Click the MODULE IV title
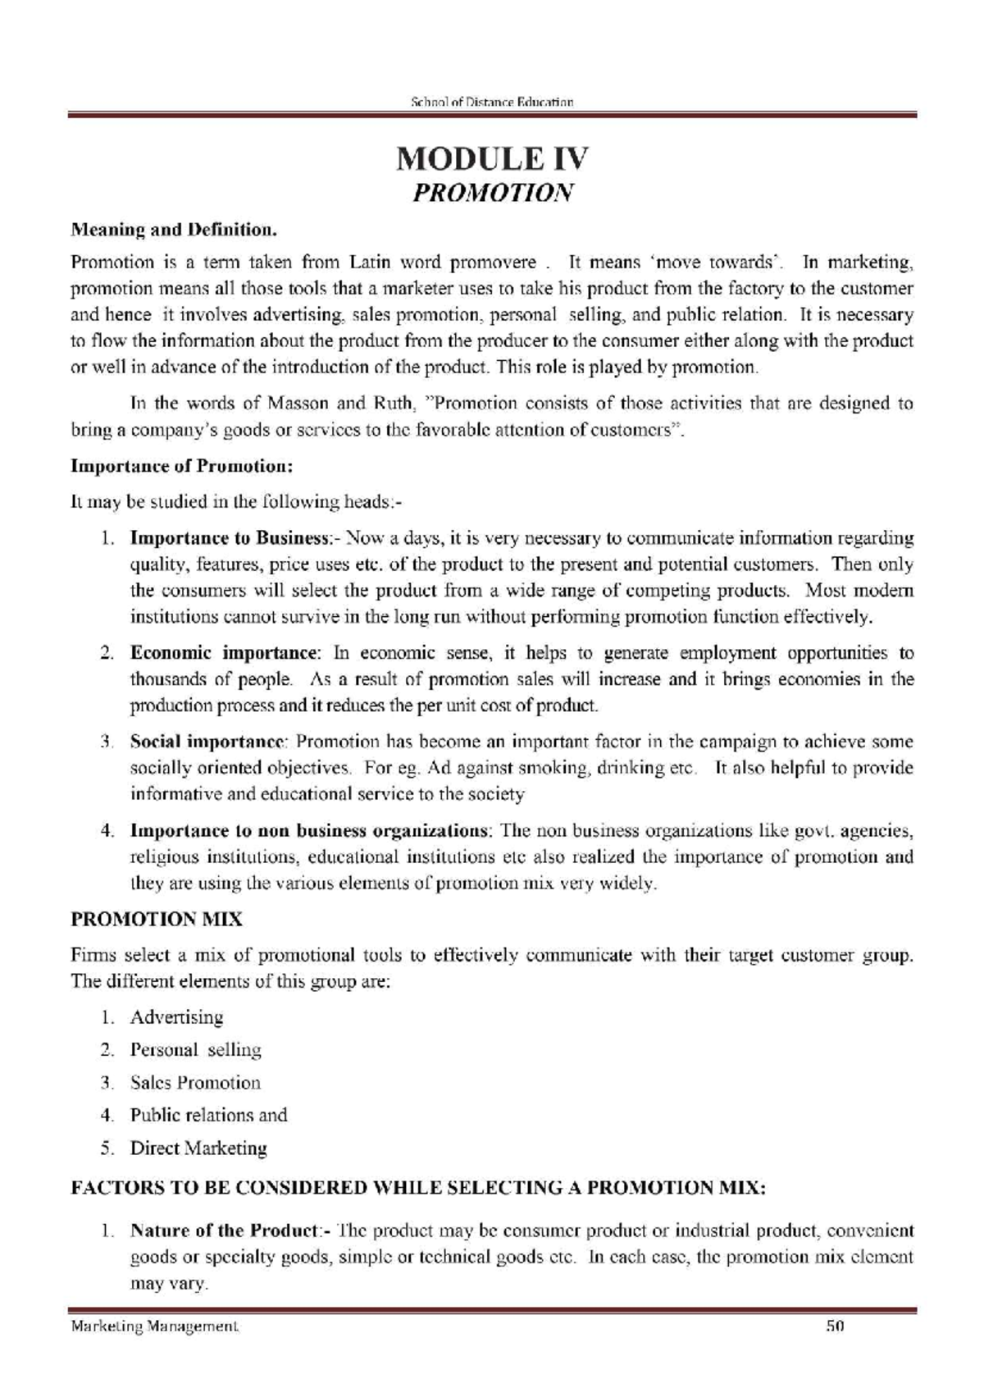pos(492,158)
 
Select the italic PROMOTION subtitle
pos(492,194)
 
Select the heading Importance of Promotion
pos(181,467)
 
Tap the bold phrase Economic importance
pos(223,654)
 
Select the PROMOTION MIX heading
pos(157,920)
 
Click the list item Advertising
pos(176,1018)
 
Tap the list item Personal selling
pos(195,1051)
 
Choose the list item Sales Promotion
pos(195,1083)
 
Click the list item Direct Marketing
pos(198,1149)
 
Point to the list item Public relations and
pos(208,1116)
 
